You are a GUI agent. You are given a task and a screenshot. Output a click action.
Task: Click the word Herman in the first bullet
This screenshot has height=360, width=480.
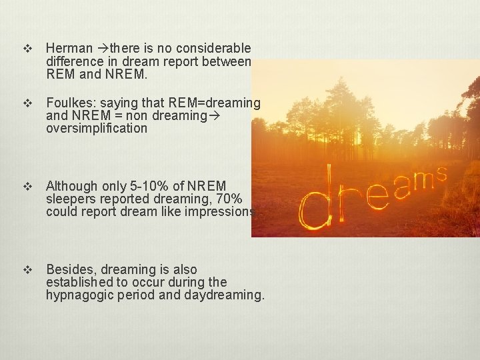coord(70,48)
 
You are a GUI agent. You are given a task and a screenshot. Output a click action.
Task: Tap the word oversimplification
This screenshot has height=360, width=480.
coord(97,128)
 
